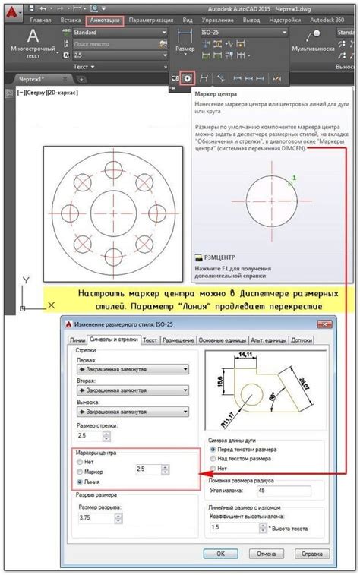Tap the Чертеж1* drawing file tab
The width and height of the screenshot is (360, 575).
click(x=33, y=79)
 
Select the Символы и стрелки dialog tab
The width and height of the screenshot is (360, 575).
click(x=113, y=341)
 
